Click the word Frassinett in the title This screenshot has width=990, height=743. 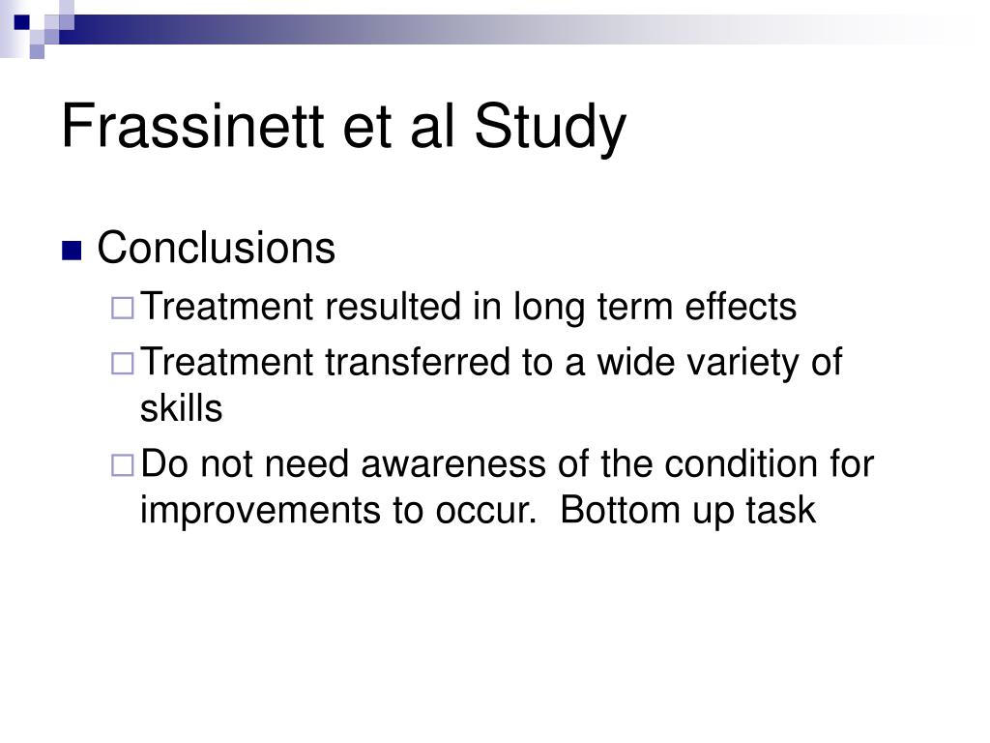[193, 126]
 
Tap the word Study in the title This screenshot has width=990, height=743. [549, 129]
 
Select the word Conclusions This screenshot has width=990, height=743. [216, 247]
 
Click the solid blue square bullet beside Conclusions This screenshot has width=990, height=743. [72, 251]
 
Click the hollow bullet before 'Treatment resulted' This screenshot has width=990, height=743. [123, 309]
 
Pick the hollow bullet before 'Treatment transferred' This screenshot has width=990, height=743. [123, 364]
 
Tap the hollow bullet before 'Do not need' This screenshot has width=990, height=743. [123, 465]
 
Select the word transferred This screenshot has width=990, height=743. [418, 362]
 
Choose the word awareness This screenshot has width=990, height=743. [453, 463]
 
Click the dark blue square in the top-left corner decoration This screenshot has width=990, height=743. [22, 22]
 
